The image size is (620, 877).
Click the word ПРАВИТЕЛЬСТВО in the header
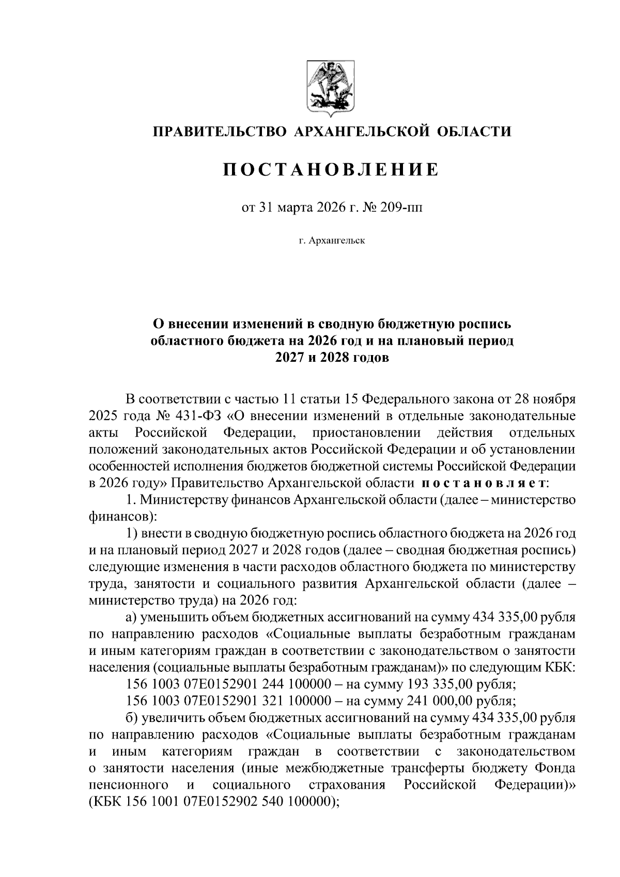pos(219,132)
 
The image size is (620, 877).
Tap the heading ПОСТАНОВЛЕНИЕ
pos(331,170)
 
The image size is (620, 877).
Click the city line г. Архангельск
pos(331,241)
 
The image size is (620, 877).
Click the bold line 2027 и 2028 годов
pos(331,358)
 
